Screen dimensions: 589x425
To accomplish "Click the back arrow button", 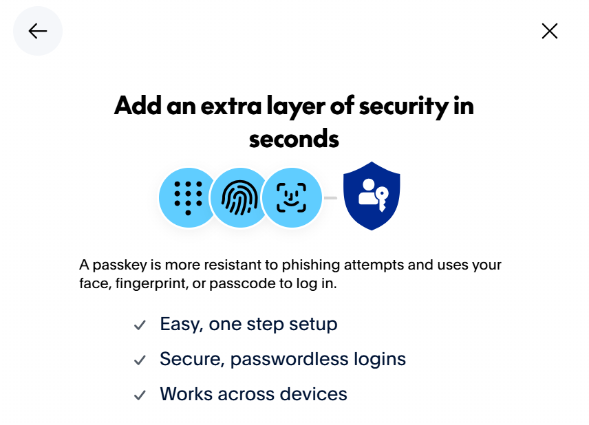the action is pos(38,31).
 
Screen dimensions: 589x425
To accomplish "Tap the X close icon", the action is pos(550,31).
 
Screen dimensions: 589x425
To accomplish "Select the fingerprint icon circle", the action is pos(239,197).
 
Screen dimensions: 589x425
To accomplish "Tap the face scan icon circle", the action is pos(292,197).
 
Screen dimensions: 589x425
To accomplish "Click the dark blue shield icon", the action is pos(372,195).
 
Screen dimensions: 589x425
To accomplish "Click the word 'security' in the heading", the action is pos(404,106).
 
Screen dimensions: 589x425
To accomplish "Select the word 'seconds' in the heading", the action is pos(294,139).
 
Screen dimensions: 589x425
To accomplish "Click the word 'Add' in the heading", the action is pos(138,105).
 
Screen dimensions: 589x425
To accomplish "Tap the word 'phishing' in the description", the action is pos(310,265).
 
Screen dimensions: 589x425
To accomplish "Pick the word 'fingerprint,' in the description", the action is pos(151,283).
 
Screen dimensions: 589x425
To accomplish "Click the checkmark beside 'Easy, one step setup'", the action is pos(140,325).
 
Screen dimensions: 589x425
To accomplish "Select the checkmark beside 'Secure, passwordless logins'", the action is pos(140,360).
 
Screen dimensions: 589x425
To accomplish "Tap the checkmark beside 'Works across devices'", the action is pos(140,395).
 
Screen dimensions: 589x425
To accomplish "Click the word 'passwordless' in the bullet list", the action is pos(289,359).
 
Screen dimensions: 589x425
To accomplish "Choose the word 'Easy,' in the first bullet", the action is pos(182,325).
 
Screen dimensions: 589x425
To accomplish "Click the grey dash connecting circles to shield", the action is pos(330,198).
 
